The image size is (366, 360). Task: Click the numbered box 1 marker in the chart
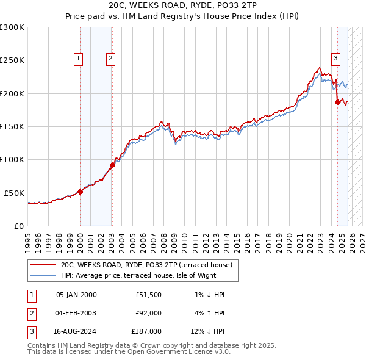click(x=79, y=59)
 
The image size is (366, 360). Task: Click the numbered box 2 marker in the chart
click(x=110, y=59)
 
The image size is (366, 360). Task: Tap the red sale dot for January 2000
click(x=80, y=192)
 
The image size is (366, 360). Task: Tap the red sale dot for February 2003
click(x=112, y=165)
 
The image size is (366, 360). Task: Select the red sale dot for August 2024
click(x=337, y=103)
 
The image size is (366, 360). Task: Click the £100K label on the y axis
click(x=12, y=159)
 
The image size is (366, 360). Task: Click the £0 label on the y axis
click(x=18, y=226)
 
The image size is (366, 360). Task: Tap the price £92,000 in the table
click(x=148, y=313)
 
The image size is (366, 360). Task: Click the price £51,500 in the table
click(x=148, y=295)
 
